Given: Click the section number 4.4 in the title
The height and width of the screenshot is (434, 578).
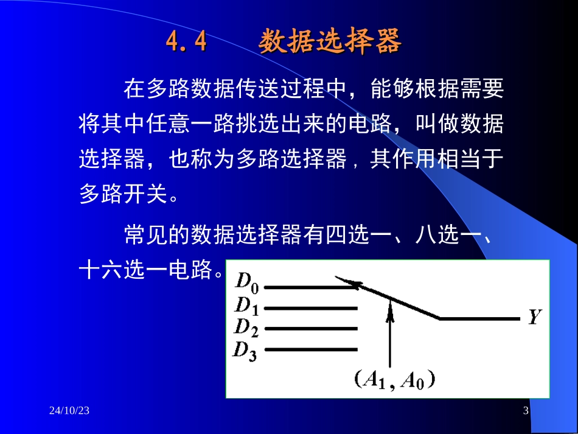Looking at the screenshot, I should (186, 43).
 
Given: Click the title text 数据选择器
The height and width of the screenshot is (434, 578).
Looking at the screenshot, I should (330, 43).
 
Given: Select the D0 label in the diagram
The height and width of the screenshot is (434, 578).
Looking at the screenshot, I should (247, 282).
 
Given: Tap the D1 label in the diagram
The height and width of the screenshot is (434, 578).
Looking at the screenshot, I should (247, 306).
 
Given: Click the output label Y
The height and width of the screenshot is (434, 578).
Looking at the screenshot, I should (534, 317).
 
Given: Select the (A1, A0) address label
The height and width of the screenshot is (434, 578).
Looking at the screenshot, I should (396, 380).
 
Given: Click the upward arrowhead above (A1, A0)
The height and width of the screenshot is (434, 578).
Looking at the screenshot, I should (390, 312).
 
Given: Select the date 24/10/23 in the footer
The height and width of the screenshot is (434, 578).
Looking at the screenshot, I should (69, 411).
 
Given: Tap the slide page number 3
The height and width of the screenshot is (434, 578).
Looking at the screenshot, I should (526, 411).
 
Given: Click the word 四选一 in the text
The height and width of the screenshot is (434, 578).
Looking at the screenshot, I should (352, 236).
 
